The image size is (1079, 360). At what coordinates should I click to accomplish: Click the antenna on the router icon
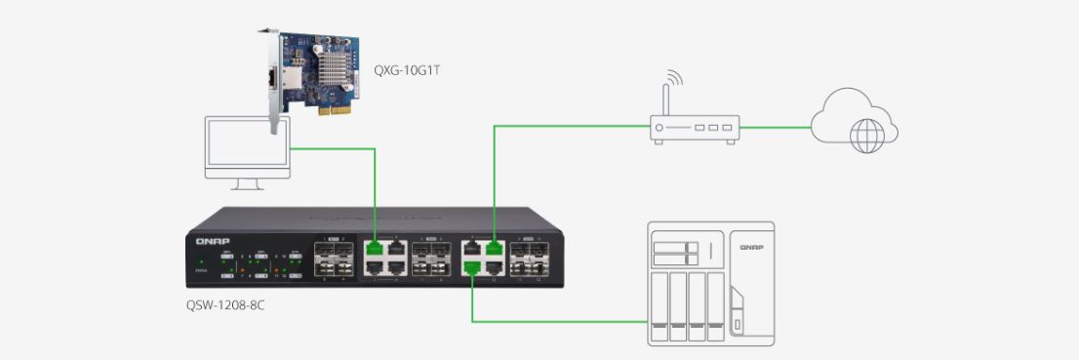click(x=665, y=93)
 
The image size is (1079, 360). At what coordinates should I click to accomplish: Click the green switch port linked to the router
click(x=494, y=248)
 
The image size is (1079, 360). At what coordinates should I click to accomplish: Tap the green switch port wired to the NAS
click(x=472, y=264)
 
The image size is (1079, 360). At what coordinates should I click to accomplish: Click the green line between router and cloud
click(x=775, y=127)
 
